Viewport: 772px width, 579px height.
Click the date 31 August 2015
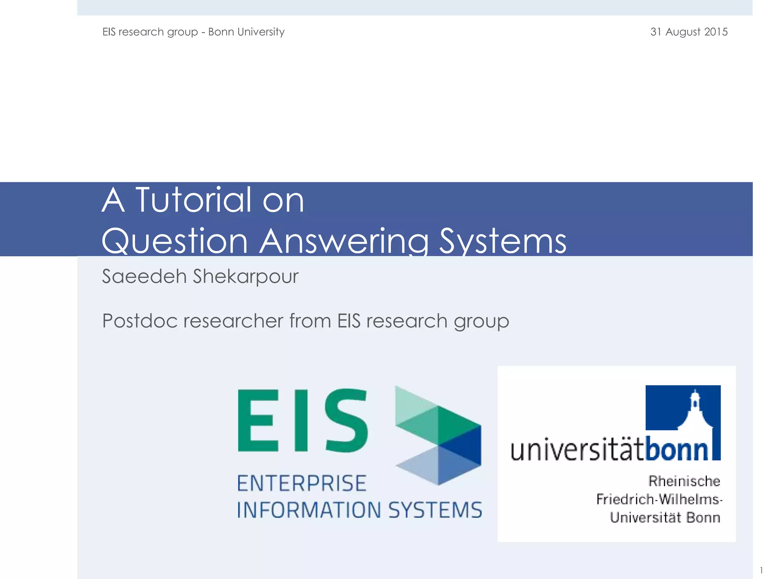click(689, 32)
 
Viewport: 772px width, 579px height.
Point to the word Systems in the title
click(502, 241)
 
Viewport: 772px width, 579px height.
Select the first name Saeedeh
click(144, 276)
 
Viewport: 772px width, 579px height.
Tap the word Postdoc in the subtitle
click(140, 321)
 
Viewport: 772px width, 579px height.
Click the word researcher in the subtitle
click(233, 321)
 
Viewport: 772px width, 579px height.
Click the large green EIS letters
click(302, 420)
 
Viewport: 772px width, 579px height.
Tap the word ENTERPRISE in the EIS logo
click(302, 484)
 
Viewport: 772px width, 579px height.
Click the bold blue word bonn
click(677, 450)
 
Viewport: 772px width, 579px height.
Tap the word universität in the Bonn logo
click(577, 450)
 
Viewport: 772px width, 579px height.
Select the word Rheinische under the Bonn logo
click(684, 481)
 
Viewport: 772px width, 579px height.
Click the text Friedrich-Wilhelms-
click(659, 499)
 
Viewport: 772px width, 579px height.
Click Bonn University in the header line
click(246, 32)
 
